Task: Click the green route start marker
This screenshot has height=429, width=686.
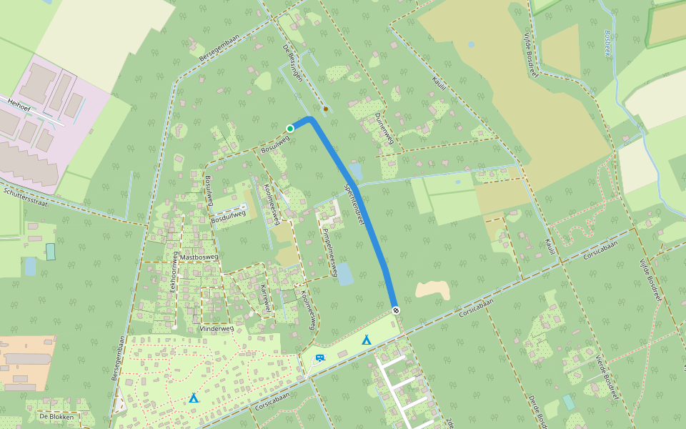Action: pyautogui.click(x=290, y=128)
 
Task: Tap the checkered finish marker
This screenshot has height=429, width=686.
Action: pyautogui.click(x=395, y=310)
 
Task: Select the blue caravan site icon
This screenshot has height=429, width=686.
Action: pyautogui.click(x=319, y=357)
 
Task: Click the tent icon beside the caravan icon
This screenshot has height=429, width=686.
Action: pyautogui.click(x=367, y=340)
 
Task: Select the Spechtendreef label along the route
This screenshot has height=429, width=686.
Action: pyautogui.click(x=354, y=204)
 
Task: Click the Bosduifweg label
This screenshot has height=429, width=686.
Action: pyautogui.click(x=229, y=222)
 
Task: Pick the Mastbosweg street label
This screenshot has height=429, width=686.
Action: pyautogui.click(x=199, y=256)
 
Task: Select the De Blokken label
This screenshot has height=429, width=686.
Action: pyautogui.click(x=56, y=416)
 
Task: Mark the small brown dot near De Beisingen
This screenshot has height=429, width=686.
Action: pyautogui.click(x=326, y=109)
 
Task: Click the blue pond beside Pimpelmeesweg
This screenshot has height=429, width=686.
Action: pyautogui.click(x=344, y=273)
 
